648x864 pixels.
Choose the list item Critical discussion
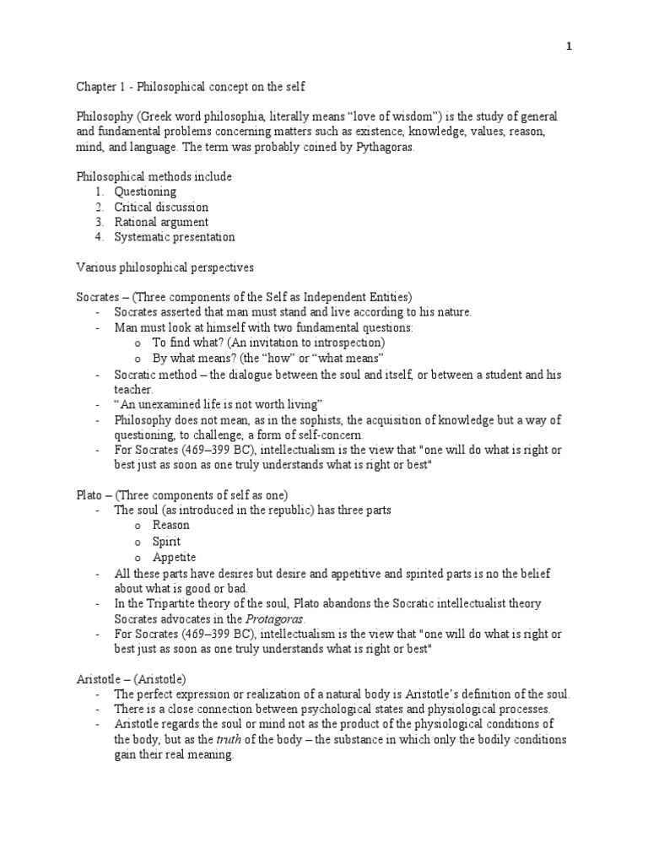pos(161,207)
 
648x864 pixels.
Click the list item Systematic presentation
pos(175,237)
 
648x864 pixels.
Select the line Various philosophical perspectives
pos(165,267)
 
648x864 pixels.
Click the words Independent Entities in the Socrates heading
pos(351,297)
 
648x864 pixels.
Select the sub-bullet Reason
pos(170,526)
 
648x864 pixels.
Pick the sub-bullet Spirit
pos(166,541)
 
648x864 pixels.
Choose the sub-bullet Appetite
pos(174,557)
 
